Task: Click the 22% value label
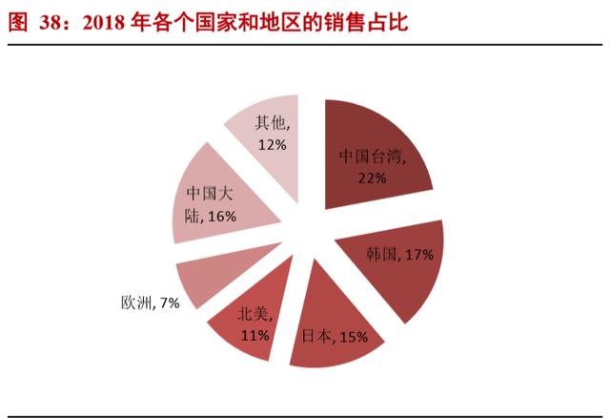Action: (x=373, y=178)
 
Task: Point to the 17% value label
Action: (x=419, y=255)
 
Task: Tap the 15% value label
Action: (x=354, y=337)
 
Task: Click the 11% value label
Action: (x=255, y=335)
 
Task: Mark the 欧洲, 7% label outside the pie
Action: (x=151, y=303)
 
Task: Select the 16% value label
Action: (x=222, y=217)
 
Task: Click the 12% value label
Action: (x=273, y=145)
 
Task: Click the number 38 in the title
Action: (x=50, y=23)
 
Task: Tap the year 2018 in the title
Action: (x=104, y=23)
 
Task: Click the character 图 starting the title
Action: (x=18, y=23)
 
